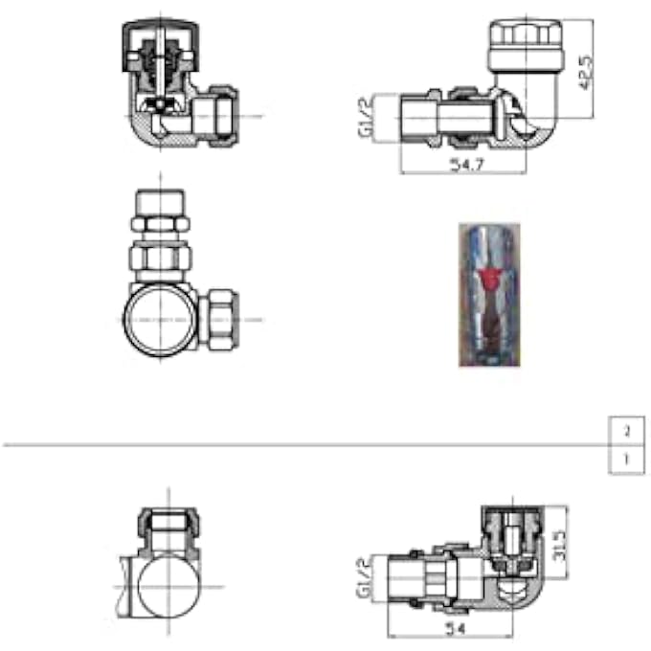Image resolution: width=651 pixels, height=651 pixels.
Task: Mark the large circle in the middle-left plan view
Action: pyautogui.click(x=161, y=319)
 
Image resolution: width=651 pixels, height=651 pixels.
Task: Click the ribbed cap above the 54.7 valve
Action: pyautogui.click(x=523, y=43)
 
